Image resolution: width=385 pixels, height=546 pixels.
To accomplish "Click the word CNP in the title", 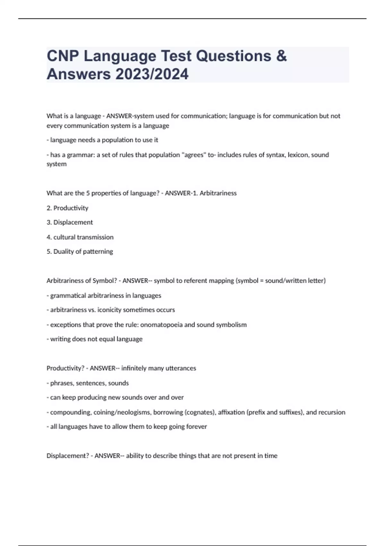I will [63, 56].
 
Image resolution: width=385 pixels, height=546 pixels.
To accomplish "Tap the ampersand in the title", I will [281, 56].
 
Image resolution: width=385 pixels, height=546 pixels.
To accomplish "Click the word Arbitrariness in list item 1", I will [218, 193].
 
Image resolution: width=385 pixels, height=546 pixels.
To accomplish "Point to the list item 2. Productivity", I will [67, 208].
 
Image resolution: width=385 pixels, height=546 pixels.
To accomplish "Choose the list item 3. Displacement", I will [70, 222].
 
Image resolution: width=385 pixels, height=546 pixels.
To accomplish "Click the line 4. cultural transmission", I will [80, 237].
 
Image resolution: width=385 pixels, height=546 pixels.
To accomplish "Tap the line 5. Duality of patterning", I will [80, 251].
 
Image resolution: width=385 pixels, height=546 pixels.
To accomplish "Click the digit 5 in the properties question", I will [88, 193].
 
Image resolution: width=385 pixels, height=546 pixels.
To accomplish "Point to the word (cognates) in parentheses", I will [201, 412].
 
